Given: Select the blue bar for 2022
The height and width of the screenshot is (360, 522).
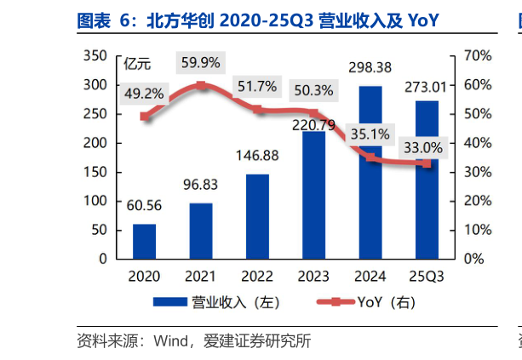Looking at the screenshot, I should (257, 216).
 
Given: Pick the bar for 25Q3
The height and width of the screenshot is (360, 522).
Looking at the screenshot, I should (427, 180).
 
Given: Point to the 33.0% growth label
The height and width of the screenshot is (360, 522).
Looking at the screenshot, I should (422, 148).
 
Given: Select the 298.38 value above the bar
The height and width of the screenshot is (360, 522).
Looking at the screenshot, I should (370, 66).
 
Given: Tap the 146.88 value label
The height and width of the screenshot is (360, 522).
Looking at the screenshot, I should (257, 157).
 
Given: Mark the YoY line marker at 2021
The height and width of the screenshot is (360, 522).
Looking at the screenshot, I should (201, 85).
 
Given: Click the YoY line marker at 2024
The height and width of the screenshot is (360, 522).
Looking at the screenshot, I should (370, 157).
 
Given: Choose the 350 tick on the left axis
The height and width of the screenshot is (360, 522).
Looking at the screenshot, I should (95, 56).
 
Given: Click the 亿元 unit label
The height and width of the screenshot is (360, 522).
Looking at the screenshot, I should (136, 61).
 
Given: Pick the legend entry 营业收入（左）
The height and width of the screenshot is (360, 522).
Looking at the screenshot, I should (217, 302).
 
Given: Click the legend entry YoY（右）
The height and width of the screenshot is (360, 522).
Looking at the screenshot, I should (364, 302).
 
